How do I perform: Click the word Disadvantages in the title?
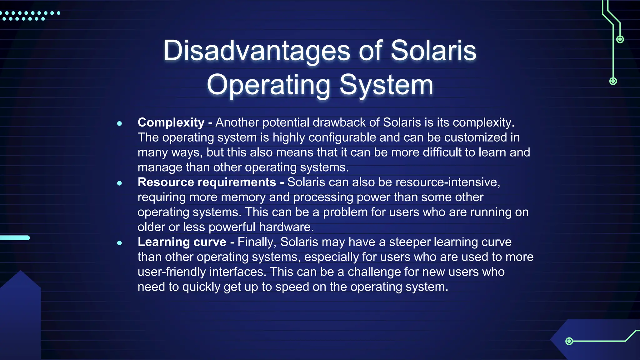coord(257,51)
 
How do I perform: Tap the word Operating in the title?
coord(268,85)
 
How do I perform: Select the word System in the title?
coord(386,85)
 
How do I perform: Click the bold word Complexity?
coord(171,122)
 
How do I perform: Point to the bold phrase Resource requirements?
coord(207,182)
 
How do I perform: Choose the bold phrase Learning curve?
coord(182,242)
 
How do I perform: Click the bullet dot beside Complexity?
coord(119,123)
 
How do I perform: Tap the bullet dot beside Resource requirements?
coord(119,183)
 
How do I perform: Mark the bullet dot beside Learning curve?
coord(119,243)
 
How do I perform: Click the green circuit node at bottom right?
coord(569,341)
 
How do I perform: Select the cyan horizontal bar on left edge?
coord(15,238)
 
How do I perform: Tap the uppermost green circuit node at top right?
coord(620,39)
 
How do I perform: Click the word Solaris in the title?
coord(433,51)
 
